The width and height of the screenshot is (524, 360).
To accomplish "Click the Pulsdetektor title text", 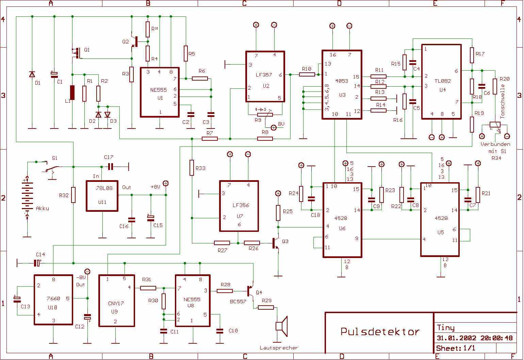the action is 380,331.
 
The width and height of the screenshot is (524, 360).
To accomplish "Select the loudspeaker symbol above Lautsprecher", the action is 281,326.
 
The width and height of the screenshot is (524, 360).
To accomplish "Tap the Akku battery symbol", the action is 27,197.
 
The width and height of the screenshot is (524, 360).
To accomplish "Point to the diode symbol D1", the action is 32,74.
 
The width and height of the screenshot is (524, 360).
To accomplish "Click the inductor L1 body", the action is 72,92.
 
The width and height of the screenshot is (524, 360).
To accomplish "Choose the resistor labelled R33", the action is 192,168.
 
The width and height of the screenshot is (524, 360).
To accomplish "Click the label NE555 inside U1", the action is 158,90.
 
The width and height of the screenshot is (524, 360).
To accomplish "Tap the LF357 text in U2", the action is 264,75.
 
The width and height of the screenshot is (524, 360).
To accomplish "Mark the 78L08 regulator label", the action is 104,188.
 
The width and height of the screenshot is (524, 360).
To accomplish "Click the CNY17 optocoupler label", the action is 116,304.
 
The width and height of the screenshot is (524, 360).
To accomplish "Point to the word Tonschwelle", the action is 503,101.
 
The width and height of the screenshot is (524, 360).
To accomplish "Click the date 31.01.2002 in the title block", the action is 456,338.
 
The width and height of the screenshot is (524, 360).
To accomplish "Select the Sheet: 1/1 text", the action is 456,348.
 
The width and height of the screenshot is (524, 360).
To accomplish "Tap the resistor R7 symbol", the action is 210,139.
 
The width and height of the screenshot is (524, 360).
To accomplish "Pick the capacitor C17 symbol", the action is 111,167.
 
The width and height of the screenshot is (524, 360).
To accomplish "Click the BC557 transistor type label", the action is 238,302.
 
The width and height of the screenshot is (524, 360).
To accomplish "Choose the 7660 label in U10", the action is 53,298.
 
